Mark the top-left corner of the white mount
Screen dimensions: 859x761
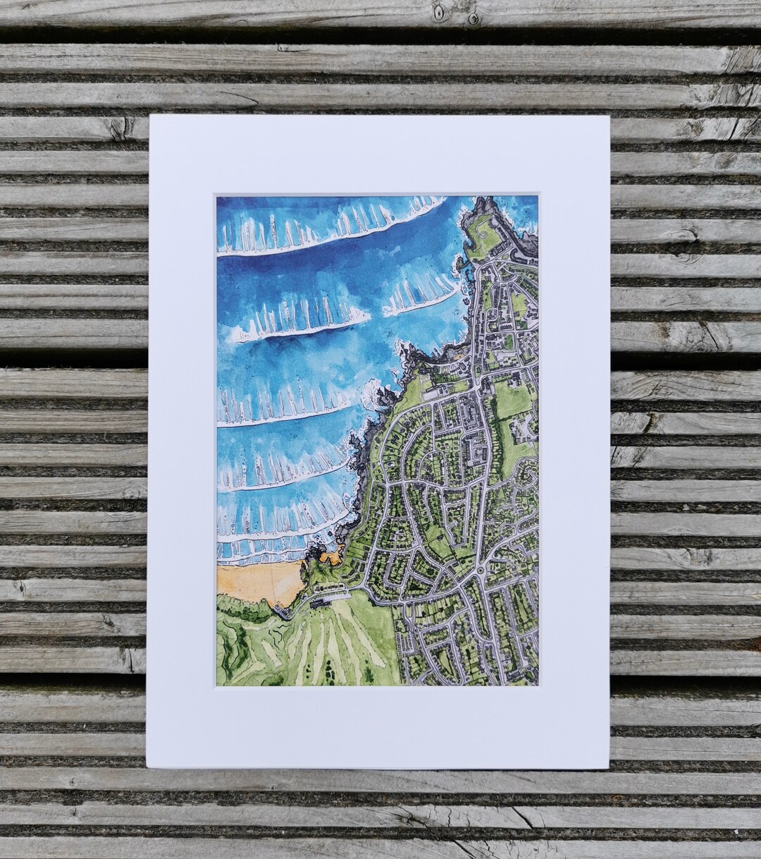[x=151, y=117]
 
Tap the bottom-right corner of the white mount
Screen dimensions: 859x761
[x=608, y=767]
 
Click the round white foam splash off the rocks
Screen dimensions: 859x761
[x=371, y=398]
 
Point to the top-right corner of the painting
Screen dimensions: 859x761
[x=538, y=197]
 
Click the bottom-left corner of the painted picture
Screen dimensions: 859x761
[x=217, y=686]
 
